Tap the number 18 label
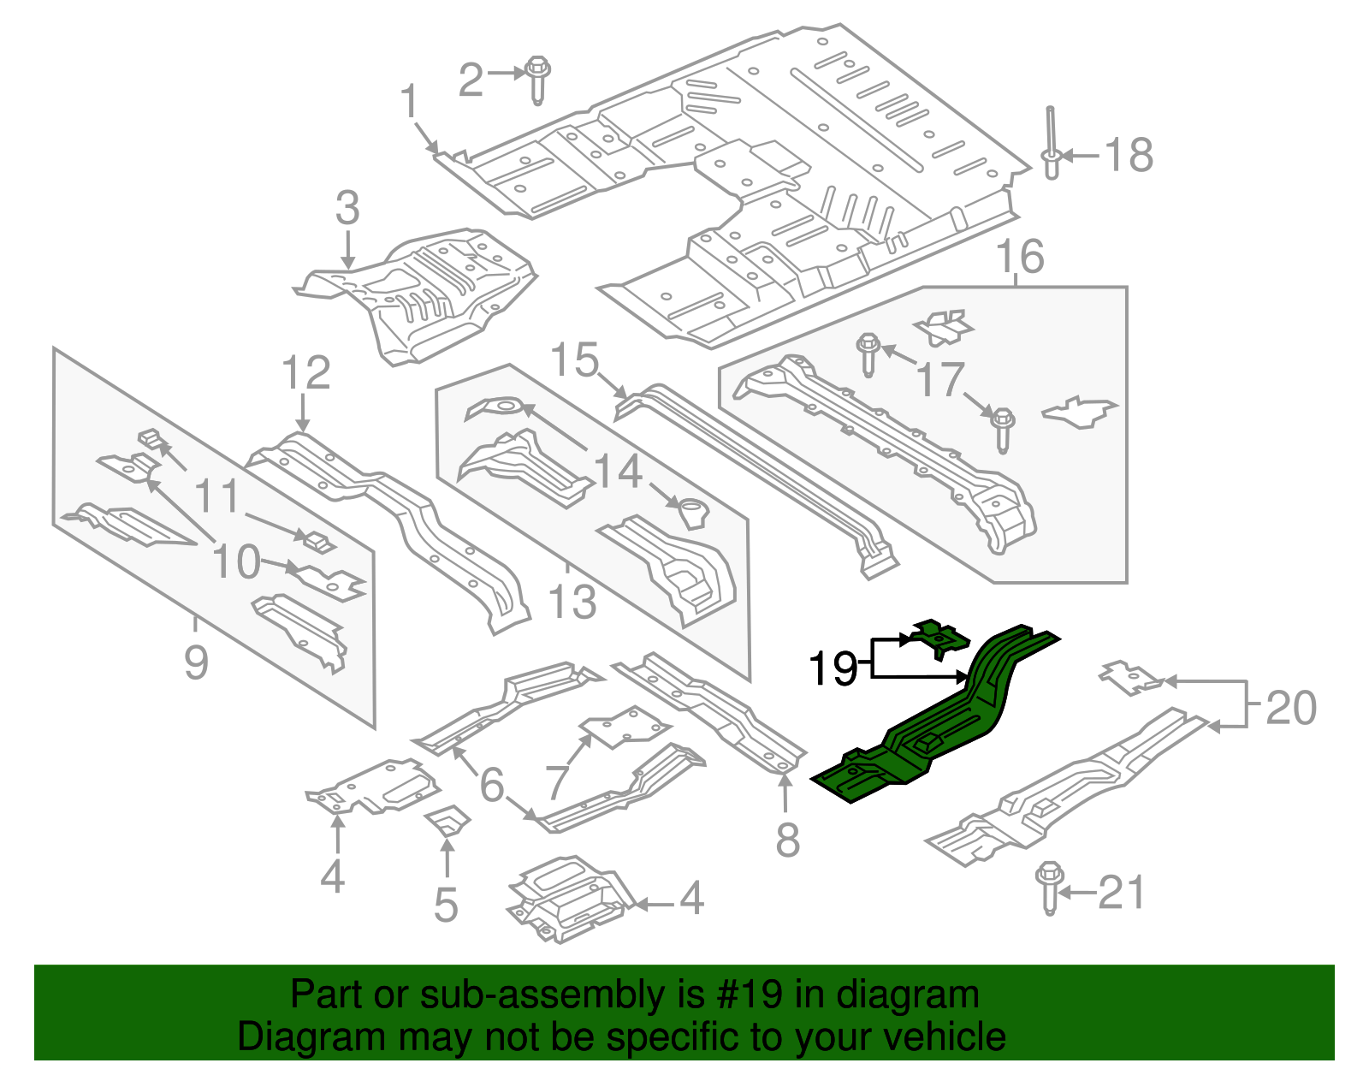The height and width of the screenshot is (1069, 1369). pos(1129,156)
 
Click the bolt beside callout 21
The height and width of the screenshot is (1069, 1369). pos(1048,888)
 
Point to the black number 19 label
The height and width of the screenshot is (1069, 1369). pos(833,668)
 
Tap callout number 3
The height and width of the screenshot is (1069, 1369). pos(347,209)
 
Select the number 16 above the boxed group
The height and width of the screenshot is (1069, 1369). pos(1020,257)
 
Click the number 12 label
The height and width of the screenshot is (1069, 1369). pos(305,373)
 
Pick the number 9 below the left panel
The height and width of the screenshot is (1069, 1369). pos(196,662)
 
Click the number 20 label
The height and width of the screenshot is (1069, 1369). pos(1290,709)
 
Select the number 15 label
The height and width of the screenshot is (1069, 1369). pos(574,360)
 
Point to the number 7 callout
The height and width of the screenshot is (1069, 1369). pos(557,781)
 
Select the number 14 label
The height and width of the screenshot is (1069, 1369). pos(617,472)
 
